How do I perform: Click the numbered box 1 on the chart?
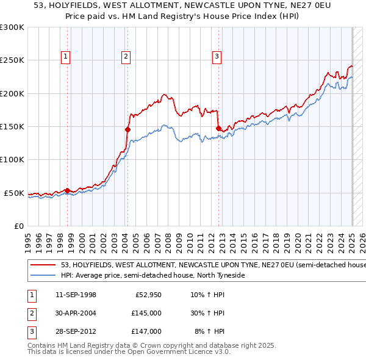[65, 57]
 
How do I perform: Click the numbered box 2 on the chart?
[125, 57]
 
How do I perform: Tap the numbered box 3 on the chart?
[217, 57]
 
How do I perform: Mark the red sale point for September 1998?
[67, 190]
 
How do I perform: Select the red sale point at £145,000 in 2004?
[127, 129]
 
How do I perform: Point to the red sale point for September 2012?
[218, 128]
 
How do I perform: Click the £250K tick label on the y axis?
[13, 60]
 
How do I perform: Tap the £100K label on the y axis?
[13, 160]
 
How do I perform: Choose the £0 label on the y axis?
[18, 226]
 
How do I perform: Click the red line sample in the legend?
[43, 265]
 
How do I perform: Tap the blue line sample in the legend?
[43, 275]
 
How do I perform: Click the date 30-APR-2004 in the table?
[76, 313]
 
